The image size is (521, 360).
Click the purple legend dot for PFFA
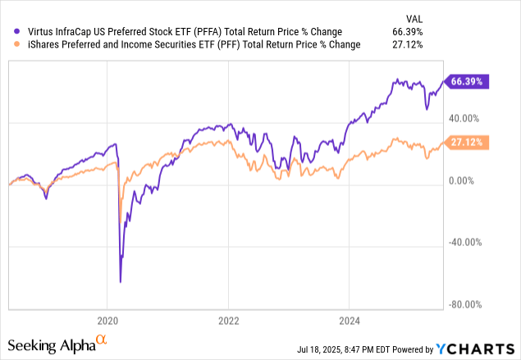click(x=9, y=32)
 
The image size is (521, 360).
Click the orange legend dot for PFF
click(x=9, y=44)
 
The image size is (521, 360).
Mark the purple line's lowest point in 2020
click(x=121, y=282)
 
